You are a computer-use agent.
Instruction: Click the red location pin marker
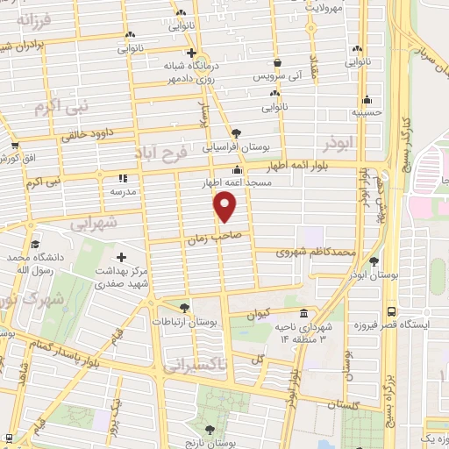point(225,207)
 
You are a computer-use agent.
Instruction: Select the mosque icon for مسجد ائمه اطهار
point(236,171)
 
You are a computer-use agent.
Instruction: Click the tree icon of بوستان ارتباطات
point(183,308)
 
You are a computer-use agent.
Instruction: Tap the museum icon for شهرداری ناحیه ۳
point(303,314)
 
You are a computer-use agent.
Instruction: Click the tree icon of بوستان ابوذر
point(374,260)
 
